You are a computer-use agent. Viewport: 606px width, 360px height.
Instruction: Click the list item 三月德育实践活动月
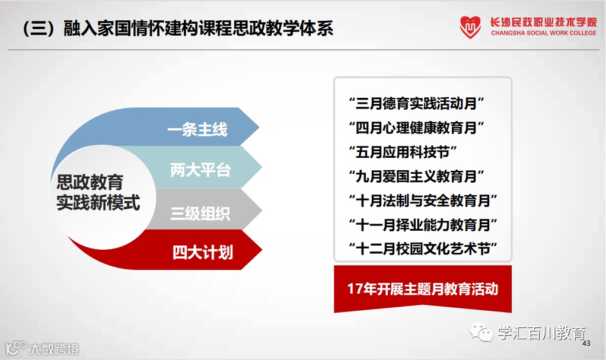click(x=416, y=103)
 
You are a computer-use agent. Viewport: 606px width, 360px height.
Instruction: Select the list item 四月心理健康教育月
click(x=416, y=128)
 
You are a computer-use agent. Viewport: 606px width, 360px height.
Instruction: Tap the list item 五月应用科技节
click(x=403, y=152)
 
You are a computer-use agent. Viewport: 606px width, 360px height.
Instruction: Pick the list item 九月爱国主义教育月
click(x=416, y=176)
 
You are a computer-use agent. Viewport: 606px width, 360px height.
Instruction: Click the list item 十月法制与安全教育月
click(x=423, y=200)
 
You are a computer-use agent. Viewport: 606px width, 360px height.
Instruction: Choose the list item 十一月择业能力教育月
click(x=423, y=225)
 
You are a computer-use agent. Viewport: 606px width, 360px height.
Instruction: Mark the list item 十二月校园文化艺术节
click(x=423, y=249)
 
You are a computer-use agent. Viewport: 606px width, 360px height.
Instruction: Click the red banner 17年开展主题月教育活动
click(x=423, y=288)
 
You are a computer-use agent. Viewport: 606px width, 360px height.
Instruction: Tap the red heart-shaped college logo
click(x=470, y=27)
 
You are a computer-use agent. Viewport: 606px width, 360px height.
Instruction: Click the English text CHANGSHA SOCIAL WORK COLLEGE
click(x=543, y=33)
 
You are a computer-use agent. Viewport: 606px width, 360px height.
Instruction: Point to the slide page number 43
click(x=586, y=343)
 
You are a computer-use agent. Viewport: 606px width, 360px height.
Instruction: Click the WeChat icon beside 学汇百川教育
click(x=481, y=332)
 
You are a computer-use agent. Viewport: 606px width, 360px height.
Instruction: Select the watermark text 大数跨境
click(x=54, y=349)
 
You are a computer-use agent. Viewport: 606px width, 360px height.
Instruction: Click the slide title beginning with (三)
click(x=178, y=28)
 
